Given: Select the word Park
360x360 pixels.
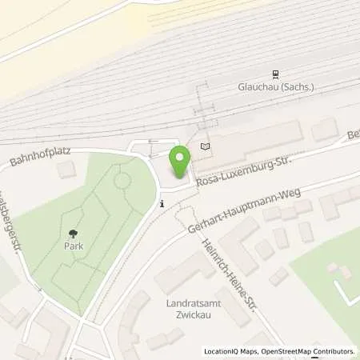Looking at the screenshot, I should click(x=74, y=246).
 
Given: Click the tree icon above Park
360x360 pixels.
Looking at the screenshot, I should click(x=74, y=233).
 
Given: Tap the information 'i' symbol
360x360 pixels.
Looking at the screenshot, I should click(x=162, y=204).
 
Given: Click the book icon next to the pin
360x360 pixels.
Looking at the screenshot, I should click(x=205, y=146).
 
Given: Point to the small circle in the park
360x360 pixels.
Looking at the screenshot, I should click(x=122, y=181).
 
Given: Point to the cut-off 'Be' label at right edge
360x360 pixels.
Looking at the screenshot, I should click(x=353, y=137).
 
